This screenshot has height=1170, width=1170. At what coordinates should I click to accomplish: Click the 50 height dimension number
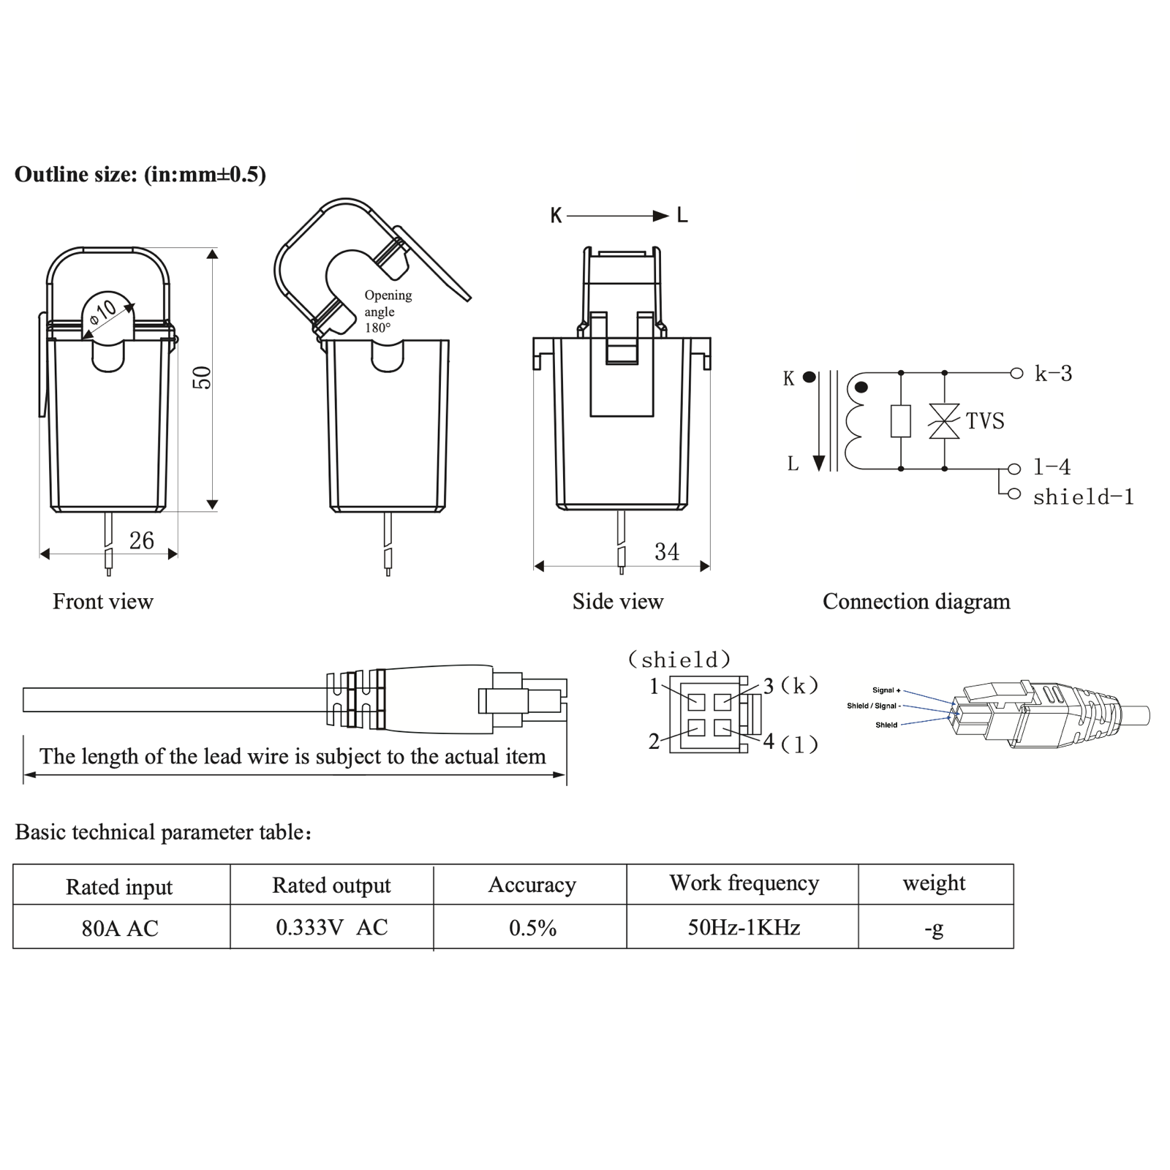point(202,377)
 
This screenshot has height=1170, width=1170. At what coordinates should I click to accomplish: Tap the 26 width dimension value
point(141,540)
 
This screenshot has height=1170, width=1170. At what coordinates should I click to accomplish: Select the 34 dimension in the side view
point(666,551)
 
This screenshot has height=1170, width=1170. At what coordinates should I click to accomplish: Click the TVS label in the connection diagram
point(984,421)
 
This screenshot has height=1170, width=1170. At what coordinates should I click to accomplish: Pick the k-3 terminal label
point(1053,374)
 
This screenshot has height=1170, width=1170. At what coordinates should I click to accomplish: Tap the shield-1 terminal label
point(1083,497)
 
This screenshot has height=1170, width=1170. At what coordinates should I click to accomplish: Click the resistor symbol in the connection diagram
point(900,421)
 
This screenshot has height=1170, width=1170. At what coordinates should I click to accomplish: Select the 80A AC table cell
point(120,928)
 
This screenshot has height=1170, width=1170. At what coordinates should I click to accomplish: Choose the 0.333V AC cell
point(331,927)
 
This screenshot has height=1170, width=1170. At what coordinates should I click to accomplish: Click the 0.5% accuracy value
point(532,928)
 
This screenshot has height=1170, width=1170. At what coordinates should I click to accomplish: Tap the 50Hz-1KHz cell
point(743,928)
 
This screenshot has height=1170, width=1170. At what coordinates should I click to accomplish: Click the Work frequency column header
point(744,883)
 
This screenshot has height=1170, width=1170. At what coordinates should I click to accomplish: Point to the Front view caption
point(103,602)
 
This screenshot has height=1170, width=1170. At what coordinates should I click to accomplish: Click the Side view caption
point(617,602)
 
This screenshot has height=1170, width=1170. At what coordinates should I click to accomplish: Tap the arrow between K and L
point(618,216)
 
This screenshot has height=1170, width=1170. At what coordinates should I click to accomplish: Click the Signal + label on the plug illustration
point(886,690)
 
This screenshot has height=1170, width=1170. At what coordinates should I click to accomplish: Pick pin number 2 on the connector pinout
point(654,741)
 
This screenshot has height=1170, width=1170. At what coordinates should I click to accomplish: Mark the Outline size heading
point(140,175)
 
